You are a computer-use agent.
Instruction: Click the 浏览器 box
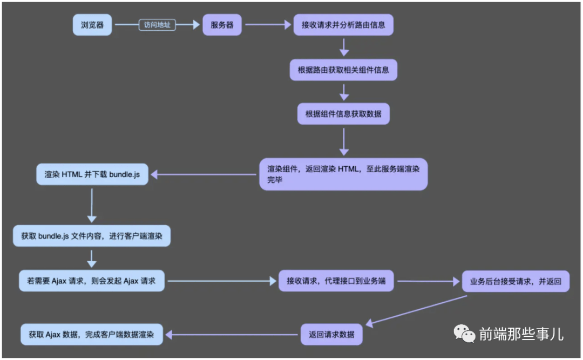click(92, 25)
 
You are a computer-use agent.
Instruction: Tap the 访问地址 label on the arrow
click(157, 25)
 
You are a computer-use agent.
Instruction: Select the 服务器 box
click(222, 25)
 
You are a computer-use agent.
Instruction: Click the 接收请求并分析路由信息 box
click(343, 25)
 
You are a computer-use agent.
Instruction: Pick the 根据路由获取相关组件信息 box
click(343, 70)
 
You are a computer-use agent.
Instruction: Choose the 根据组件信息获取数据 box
click(343, 114)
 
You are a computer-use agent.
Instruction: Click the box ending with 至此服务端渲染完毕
click(343, 174)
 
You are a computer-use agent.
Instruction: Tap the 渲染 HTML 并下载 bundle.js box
click(92, 174)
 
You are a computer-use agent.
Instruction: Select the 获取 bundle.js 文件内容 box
click(92, 236)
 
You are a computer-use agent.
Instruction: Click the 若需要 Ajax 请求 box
click(91, 281)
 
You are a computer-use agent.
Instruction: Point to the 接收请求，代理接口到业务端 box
click(336, 281)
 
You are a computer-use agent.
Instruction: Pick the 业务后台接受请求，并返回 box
click(516, 281)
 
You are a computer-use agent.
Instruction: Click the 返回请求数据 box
click(331, 334)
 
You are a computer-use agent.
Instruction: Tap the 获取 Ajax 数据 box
click(91, 334)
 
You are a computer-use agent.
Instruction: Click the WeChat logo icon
click(464, 333)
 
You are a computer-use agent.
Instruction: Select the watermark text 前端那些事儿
click(521, 334)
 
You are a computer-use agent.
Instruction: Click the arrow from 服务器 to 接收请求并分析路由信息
click(268, 25)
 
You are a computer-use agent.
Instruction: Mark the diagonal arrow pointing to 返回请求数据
click(416, 311)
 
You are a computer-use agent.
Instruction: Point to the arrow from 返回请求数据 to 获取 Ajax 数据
click(232, 335)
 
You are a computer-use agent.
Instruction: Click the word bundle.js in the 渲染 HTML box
click(125, 174)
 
